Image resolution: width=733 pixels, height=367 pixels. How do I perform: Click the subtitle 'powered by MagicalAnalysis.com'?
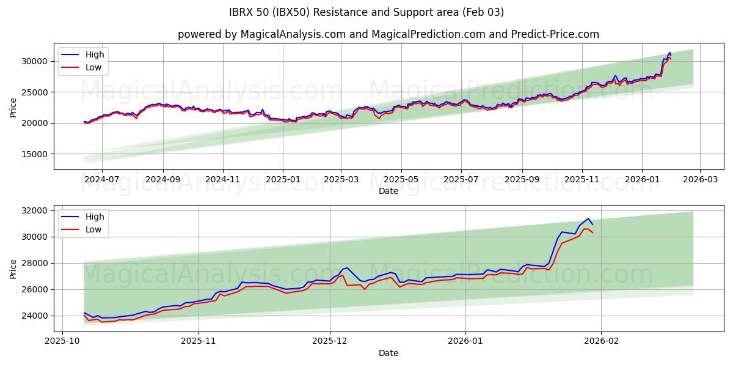point(388,34)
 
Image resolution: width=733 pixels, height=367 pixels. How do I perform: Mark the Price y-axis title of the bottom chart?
point(13,269)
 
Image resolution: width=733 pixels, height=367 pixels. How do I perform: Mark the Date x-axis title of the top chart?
point(388,191)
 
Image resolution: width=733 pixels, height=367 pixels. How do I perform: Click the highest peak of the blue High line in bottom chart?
point(588,218)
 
